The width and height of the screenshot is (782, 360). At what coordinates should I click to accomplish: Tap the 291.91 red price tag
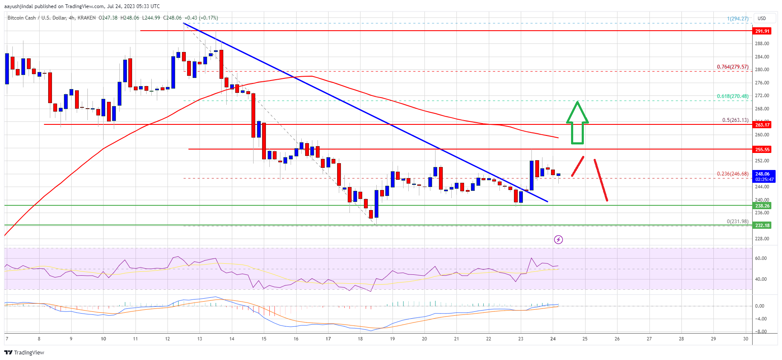pyautogui.click(x=762, y=31)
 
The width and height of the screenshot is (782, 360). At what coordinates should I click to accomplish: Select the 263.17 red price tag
pyautogui.click(x=762, y=125)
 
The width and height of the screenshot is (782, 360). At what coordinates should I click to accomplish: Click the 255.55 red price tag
pyautogui.click(x=762, y=150)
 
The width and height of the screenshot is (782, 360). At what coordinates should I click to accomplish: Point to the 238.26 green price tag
pyautogui.click(x=762, y=206)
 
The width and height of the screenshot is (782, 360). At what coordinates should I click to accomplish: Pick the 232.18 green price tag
pyautogui.click(x=762, y=225)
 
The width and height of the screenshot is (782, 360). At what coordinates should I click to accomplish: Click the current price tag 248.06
pyautogui.click(x=762, y=174)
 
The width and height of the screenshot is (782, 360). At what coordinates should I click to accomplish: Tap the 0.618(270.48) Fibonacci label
pyautogui.click(x=732, y=96)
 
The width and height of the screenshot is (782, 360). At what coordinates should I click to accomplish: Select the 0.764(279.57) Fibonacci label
pyautogui.click(x=732, y=67)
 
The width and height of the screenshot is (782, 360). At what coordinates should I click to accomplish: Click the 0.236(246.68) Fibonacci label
pyautogui.click(x=732, y=174)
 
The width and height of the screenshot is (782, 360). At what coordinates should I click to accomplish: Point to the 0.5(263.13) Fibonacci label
pyautogui.click(x=735, y=120)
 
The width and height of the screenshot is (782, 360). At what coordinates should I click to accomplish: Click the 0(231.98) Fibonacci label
pyautogui.click(x=737, y=222)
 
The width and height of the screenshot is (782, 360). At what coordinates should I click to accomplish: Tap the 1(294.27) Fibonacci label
pyautogui.click(x=737, y=19)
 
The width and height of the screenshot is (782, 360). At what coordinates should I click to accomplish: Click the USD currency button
pyautogui.click(x=762, y=18)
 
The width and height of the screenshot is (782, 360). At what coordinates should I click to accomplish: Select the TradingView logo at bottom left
pyautogui.click(x=24, y=352)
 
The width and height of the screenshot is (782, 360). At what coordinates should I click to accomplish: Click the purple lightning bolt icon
pyautogui.click(x=558, y=240)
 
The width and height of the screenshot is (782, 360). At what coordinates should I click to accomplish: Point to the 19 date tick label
pyautogui.click(x=392, y=339)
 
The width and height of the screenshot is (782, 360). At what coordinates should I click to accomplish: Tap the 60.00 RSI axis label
pyautogui.click(x=761, y=258)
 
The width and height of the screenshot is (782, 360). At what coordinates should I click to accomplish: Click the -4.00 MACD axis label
pyautogui.click(x=761, y=319)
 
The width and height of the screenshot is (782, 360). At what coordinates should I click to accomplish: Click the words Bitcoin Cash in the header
pyautogui.click(x=22, y=18)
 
